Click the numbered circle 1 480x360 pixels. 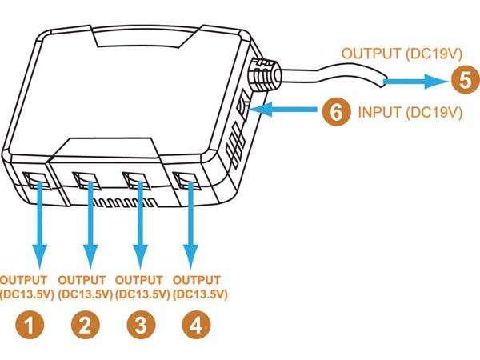(x=29, y=325)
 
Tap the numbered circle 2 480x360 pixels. (x=85, y=325)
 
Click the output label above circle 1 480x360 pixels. (x=29, y=287)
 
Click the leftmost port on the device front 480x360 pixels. (x=35, y=180)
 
